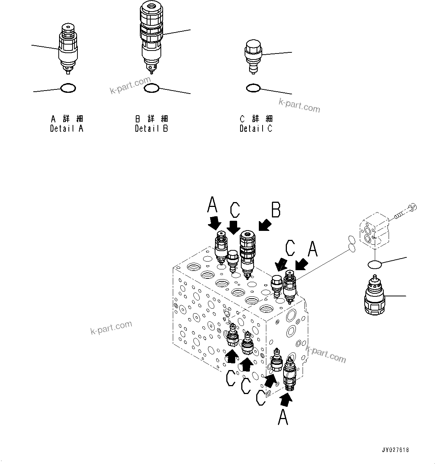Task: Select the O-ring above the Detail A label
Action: click(68, 88)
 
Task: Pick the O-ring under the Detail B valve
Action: click(151, 88)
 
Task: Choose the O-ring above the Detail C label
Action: click(253, 88)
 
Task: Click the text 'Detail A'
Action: click(67, 128)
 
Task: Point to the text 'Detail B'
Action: click(151, 128)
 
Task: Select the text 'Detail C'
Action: click(256, 128)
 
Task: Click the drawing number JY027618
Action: click(395, 450)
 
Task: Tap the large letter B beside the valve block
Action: click(276, 210)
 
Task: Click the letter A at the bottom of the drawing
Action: click(283, 417)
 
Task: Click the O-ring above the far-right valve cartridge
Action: click(375, 265)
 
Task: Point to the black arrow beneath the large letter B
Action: click(265, 226)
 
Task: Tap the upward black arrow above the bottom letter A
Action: click(286, 401)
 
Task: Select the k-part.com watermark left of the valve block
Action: click(111, 328)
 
